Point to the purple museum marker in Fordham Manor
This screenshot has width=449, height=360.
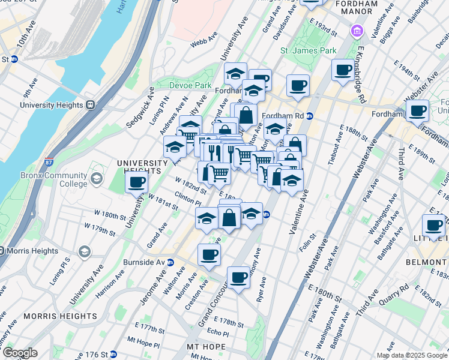point(358,30)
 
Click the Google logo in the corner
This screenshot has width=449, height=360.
point(20,353)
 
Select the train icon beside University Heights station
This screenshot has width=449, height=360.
point(91,104)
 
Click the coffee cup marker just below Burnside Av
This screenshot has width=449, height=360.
point(209,254)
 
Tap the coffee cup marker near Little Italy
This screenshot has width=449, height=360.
point(433,226)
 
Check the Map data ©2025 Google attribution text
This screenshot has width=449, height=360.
point(412,355)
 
